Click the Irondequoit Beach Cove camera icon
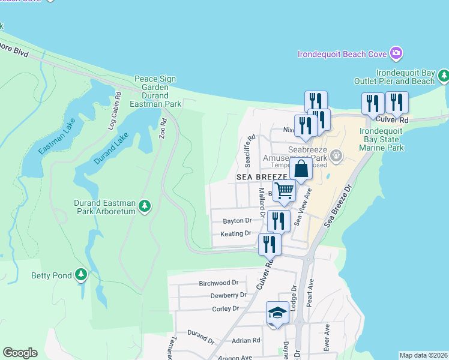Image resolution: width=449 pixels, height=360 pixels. [396, 54]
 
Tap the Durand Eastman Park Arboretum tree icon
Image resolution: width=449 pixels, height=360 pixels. [144, 206]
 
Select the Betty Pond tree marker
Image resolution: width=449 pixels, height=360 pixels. [81, 275]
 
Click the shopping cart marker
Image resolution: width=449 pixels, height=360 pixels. [285, 191]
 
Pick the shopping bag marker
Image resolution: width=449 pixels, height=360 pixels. [301, 169]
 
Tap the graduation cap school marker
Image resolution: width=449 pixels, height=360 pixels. [277, 313]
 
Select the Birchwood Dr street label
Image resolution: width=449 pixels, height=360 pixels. [218, 283]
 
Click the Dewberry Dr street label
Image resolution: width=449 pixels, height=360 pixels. [228, 295]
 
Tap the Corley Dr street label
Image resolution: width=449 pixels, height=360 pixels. [225, 308]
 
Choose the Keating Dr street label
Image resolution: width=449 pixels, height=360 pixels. [235, 233]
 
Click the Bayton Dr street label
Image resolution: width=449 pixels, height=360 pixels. [237, 220]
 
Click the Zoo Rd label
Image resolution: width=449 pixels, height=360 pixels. [163, 129]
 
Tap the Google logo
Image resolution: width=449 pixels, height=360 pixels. [20, 353]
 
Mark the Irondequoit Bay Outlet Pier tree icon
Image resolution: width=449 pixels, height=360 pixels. [444, 76]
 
